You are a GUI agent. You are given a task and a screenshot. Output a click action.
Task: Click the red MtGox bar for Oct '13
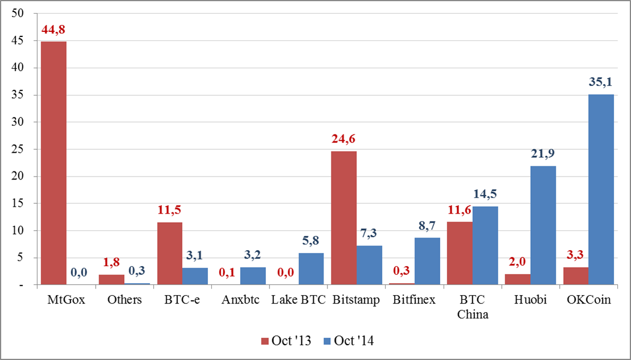pyautogui.click(x=53, y=163)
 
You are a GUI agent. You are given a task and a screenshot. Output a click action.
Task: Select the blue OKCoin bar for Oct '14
pyautogui.click(x=601, y=189)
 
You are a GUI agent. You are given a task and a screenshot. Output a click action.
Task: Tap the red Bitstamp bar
pyautogui.click(x=344, y=218)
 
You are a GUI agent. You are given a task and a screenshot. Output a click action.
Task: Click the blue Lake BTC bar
pyautogui.click(x=311, y=269)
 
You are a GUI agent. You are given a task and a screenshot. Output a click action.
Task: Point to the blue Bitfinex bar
pyautogui.click(x=427, y=261)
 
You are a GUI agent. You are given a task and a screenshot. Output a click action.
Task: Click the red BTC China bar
pyautogui.click(x=460, y=253)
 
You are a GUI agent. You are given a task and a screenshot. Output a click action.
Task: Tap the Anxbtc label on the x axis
pyautogui.click(x=240, y=300)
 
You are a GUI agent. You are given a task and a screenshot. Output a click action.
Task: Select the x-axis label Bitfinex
pyautogui.click(x=415, y=300)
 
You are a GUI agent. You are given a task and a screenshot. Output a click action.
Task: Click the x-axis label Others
pyautogui.click(x=124, y=300)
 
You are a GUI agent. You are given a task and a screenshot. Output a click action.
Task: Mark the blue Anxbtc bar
pyautogui.click(x=253, y=276)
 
